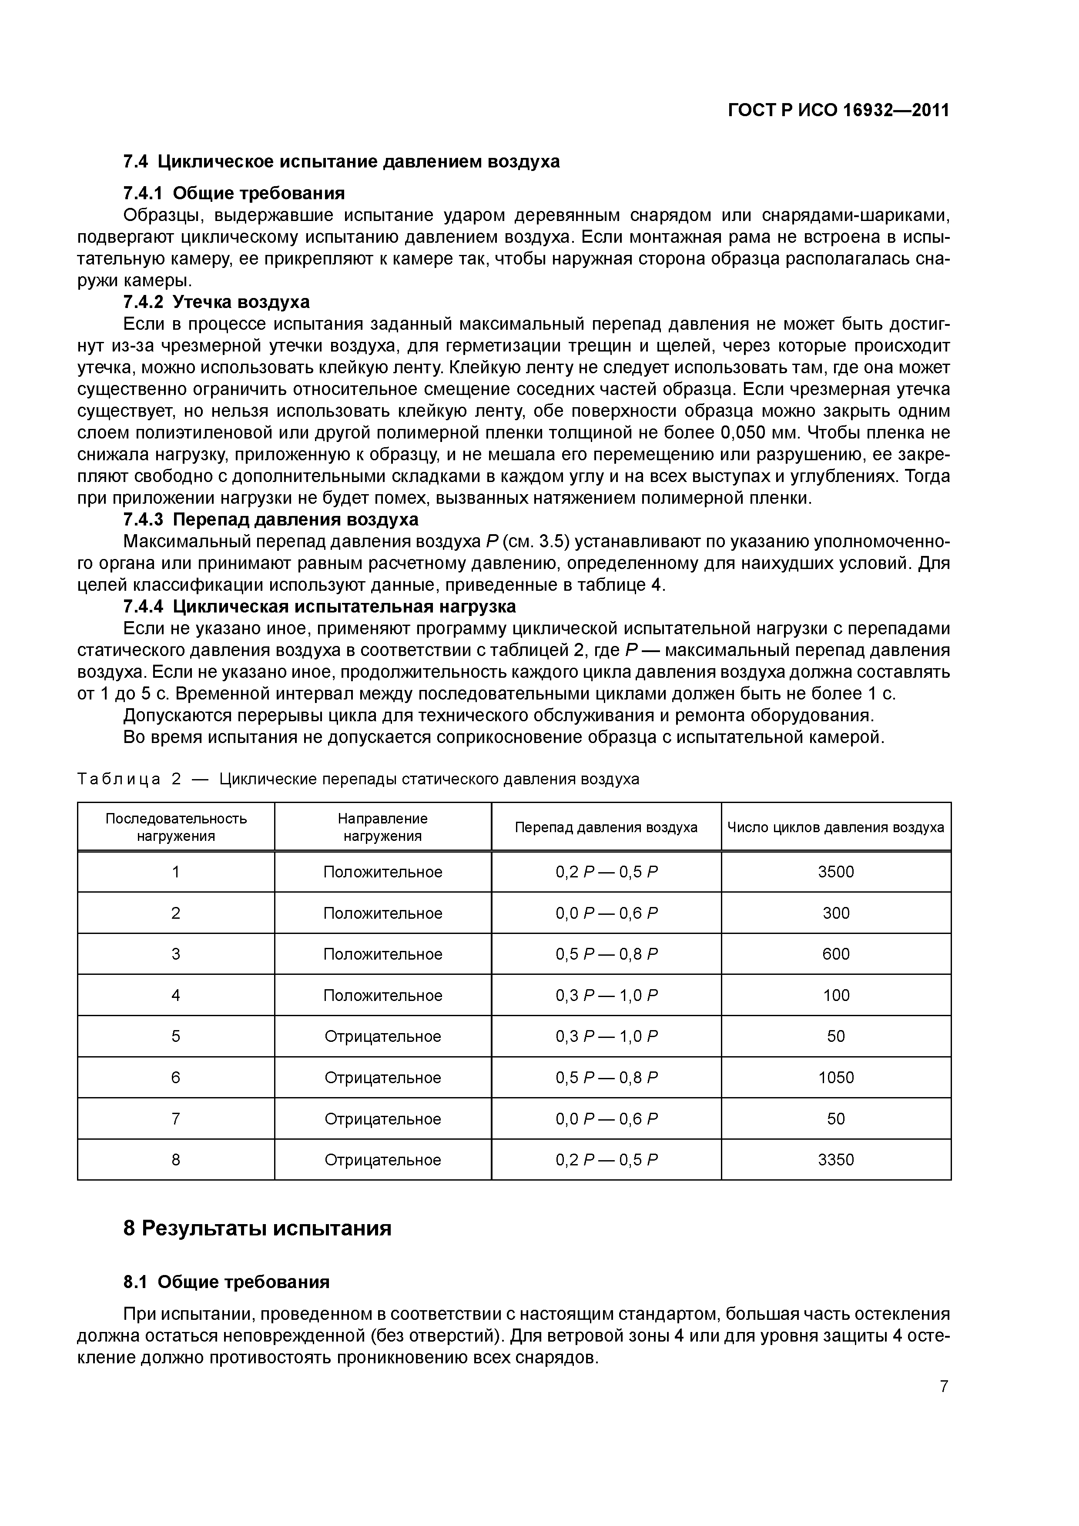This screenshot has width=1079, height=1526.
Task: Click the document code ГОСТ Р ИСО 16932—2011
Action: coord(838,110)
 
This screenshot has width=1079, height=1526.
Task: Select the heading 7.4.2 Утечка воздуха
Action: coord(217,302)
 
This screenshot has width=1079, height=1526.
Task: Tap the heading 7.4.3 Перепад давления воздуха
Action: coord(271,519)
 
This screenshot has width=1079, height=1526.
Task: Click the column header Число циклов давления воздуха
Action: coord(836,827)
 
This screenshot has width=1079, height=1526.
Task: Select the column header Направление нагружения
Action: coord(382,827)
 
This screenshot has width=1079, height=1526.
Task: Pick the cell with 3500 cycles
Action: coord(836,871)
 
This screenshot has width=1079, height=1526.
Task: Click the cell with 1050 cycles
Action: coord(836,1078)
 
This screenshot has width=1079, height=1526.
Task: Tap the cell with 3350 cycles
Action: coord(836,1160)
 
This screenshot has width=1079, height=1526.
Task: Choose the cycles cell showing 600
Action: coord(836,954)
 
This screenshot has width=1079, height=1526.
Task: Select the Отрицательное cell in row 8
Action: coord(382,1160)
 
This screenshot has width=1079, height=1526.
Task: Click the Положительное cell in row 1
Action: coord(382,871)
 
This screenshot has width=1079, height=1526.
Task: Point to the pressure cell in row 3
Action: coord(607,954)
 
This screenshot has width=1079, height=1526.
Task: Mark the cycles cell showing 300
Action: coord(836,913)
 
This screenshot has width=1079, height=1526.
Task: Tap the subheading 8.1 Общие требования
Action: coord(226,1282)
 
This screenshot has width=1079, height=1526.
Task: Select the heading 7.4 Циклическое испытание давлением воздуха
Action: coord(342,161)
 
